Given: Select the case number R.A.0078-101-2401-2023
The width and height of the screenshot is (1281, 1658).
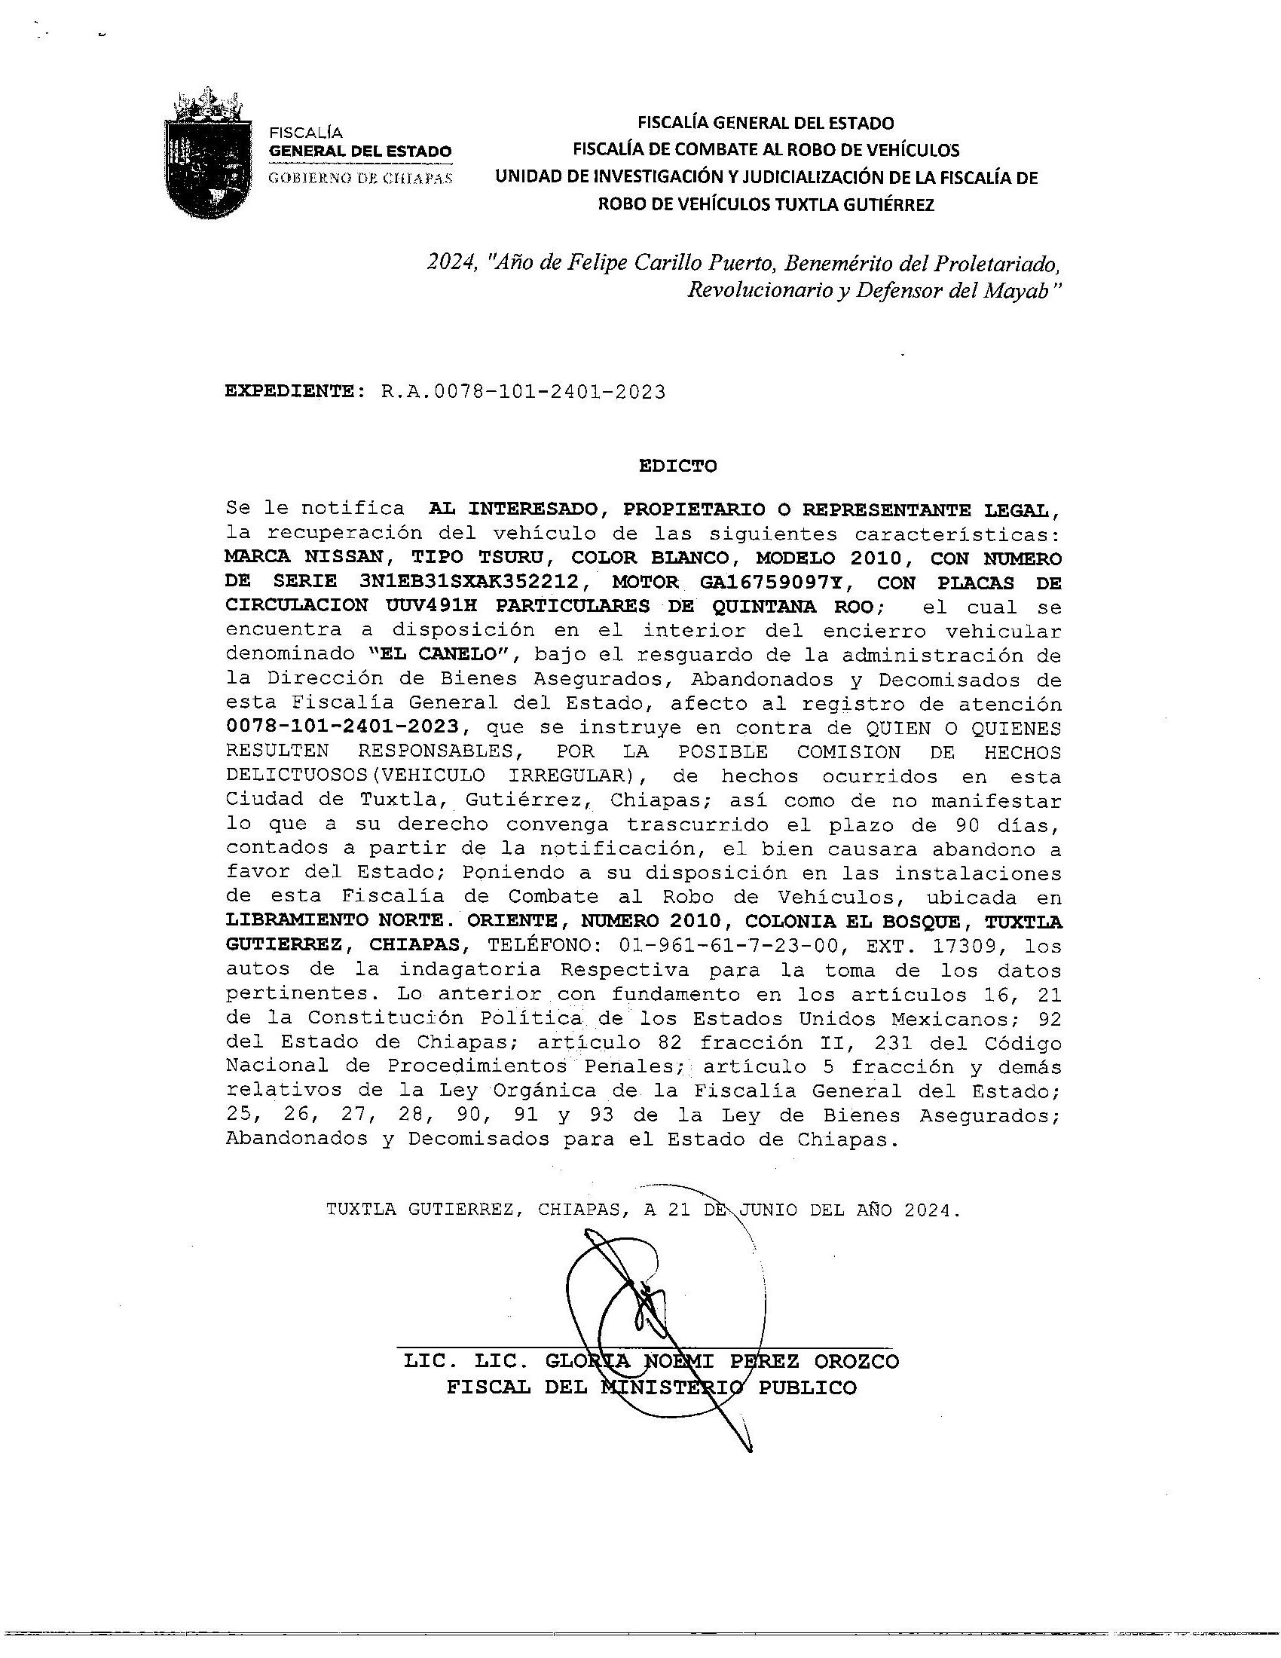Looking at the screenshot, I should [x=523, y=392].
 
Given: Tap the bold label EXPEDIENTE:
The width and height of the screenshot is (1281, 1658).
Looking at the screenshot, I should [x=290, y=392].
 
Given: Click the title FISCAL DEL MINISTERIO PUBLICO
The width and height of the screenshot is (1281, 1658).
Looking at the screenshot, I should [x=651, y=1387].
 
